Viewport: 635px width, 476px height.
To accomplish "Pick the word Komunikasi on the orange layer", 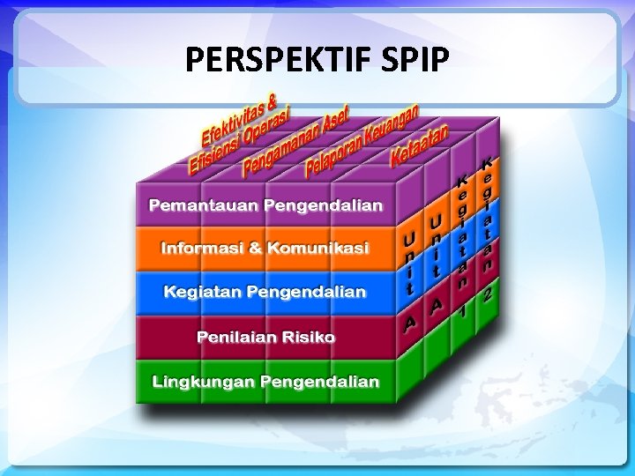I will click(x=319, y=249).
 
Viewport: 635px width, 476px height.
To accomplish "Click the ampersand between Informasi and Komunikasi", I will click(x=256, y=249).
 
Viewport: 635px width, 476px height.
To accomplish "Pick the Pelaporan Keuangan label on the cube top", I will click(x=362, y=140).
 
